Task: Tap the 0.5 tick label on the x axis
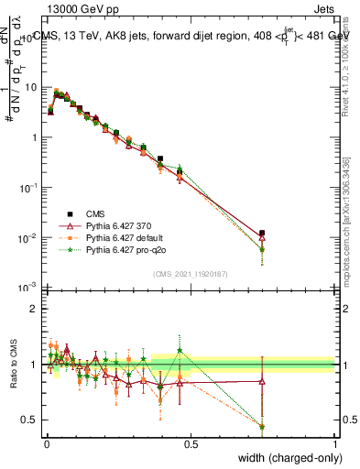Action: (x=191, y=443)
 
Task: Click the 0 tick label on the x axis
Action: (x=47, y=443)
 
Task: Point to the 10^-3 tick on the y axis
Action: (x=27, y=288)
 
